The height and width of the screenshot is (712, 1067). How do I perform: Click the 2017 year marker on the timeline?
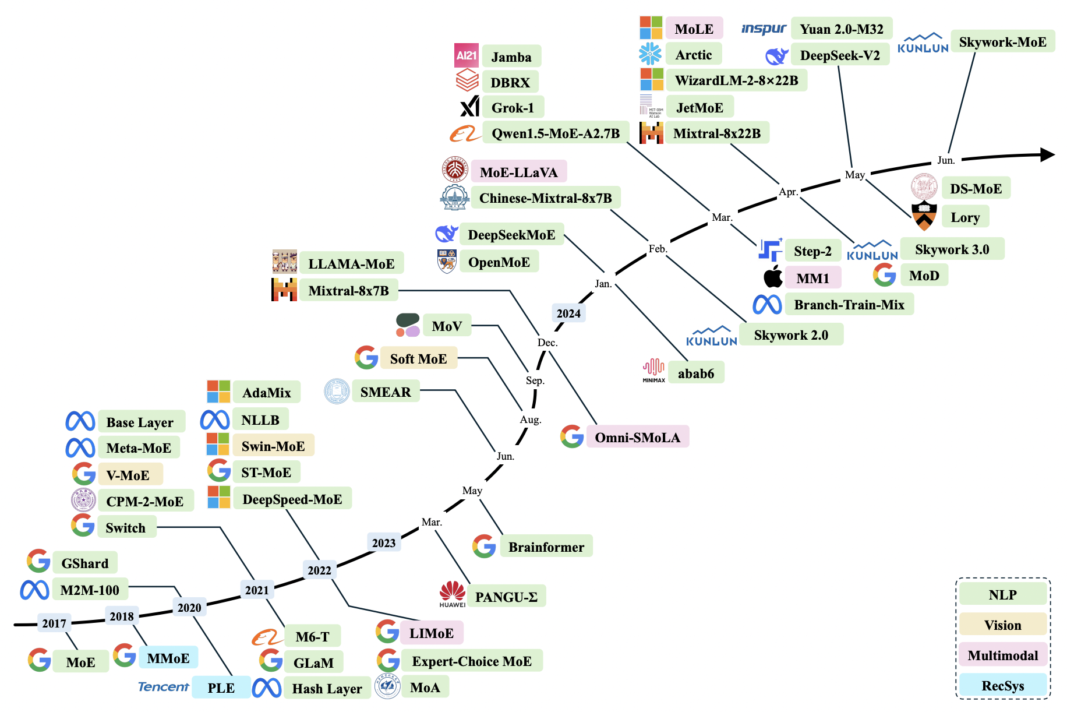[x=54, y=623]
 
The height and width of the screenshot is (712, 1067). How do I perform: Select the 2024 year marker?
[x=568, y=313]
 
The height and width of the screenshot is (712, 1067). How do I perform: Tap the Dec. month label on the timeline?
[x=547, y=343]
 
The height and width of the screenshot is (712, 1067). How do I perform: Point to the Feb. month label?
[x=658, y=249]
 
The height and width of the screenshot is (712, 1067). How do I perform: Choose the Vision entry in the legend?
[x=1002, y=625]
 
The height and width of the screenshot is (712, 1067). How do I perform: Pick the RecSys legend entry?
[x=1002, y=686]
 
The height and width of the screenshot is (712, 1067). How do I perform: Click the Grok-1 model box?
[x=513, y=108]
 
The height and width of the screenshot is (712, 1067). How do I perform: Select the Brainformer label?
[x=546, y=547]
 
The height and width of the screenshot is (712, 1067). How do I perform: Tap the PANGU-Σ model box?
[x=506, y=597]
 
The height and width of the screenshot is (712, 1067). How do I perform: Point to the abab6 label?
[x=696, y=373]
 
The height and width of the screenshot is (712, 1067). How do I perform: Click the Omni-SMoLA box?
[x=637, y=438]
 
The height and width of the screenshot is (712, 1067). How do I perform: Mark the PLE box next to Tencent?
[x=221, y=688]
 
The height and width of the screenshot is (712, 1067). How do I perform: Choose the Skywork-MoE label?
[x=1002, y=42]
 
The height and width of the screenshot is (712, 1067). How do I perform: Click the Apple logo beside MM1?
[x=773, y=277]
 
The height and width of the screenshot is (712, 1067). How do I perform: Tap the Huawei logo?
[x=453, y=594]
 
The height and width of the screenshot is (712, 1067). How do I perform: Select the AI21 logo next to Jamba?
[x=467, y=56]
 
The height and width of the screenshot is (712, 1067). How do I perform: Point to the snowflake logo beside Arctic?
[x=650, y=54]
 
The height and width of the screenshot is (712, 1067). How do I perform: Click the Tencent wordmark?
[x=164, y=687]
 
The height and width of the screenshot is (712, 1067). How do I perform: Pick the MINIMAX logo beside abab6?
[x=653, y=371]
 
